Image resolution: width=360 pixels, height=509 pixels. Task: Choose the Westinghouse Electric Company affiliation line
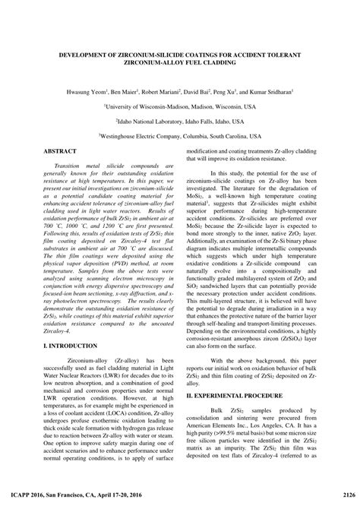coord(180,138)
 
